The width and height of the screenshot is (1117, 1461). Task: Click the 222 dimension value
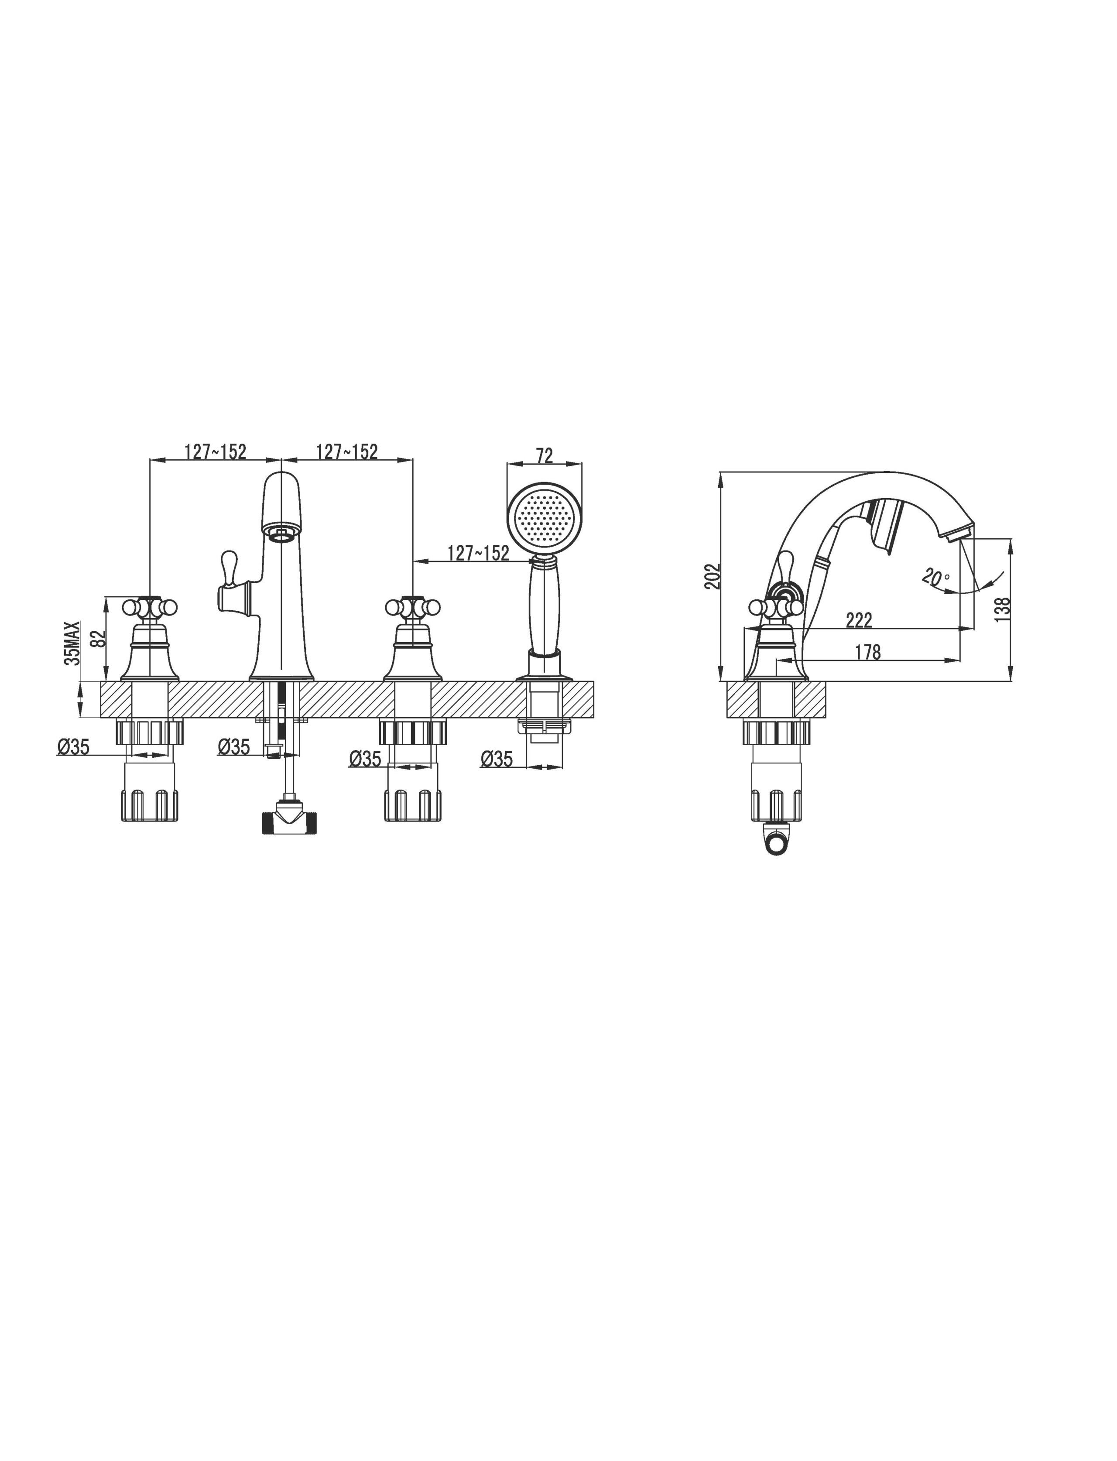click(859, 620)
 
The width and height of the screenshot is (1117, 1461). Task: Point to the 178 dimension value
click(868, 653)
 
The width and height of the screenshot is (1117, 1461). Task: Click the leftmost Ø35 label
click(73, 747)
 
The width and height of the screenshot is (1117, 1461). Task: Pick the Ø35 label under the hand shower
click(497, 758)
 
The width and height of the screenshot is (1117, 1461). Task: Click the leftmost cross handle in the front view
click(150, 607)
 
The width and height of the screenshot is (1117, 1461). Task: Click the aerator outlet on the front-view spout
click(282, 532)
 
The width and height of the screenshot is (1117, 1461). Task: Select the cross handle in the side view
click(776, 607)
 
